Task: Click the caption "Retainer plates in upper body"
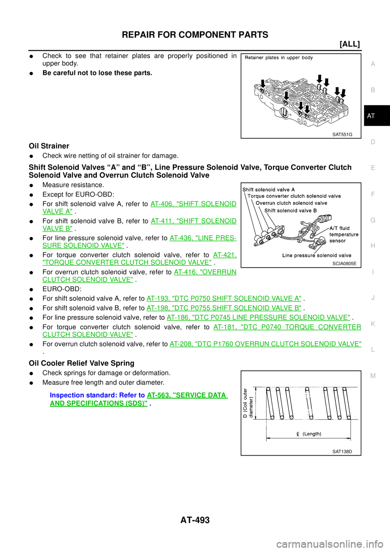279,58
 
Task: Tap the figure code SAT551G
342,134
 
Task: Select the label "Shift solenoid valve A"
269,189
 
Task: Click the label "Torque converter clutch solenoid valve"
294,196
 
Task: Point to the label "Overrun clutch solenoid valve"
291,203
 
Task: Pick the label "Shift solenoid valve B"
290,211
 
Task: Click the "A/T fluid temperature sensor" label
344,235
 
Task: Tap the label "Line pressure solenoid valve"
317,256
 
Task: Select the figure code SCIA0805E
344,264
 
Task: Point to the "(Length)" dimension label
309,434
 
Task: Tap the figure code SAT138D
342,452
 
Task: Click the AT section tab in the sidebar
371,116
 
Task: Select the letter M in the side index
373,376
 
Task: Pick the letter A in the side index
373,64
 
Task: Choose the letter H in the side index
373,246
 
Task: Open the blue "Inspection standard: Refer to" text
97,395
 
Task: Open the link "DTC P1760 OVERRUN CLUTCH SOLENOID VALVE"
265,344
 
